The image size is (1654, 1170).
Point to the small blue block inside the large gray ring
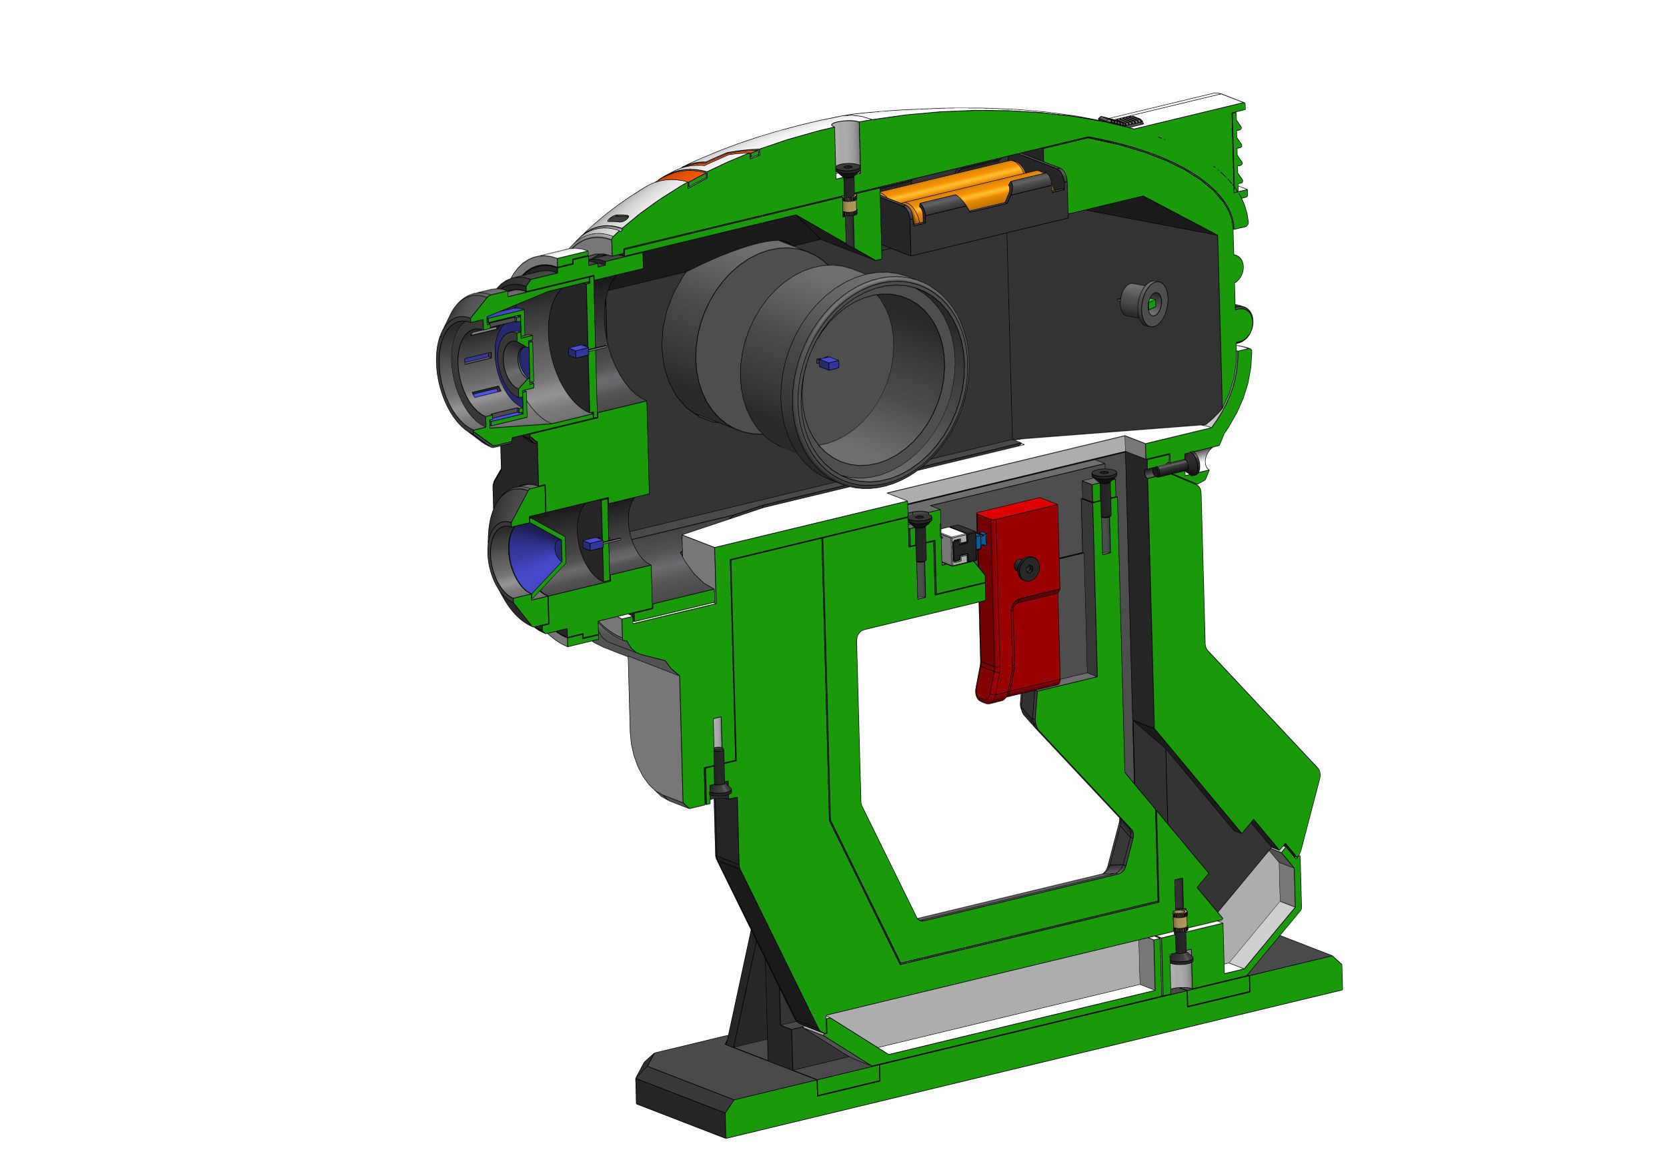[829, 363]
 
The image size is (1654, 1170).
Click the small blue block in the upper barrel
[578, 352]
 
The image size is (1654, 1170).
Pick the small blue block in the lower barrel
[592, 543]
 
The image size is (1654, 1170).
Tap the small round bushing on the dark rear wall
[1145, 302]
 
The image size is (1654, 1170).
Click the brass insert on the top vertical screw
[849, 207]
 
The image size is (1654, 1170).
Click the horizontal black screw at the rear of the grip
[1174, 468]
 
